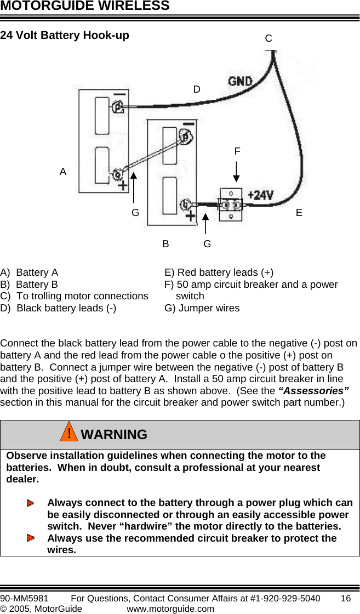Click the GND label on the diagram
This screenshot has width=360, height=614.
(x=240, y=81)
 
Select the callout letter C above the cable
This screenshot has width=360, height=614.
(x=268, y=38)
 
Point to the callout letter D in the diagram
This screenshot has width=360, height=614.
(x=197, y=89)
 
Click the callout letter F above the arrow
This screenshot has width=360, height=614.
(x=237, y=151)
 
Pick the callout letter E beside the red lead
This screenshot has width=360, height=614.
(x=299, y=212)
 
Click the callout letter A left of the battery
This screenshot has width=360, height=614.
(x=63, y=172)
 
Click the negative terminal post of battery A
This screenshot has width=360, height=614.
(x=116, y=107)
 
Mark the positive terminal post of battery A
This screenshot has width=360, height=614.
(x=117, y=175)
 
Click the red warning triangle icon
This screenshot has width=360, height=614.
(x=68, y=434)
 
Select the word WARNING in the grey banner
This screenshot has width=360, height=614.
(x=114, y=435)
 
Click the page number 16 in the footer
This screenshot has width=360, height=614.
(x=345, y=598)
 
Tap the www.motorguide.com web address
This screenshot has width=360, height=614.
(x=170, y=609)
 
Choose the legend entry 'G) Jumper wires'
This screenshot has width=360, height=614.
(x=202, y=308)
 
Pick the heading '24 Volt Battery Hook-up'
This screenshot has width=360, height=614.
(x=65, y=36)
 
